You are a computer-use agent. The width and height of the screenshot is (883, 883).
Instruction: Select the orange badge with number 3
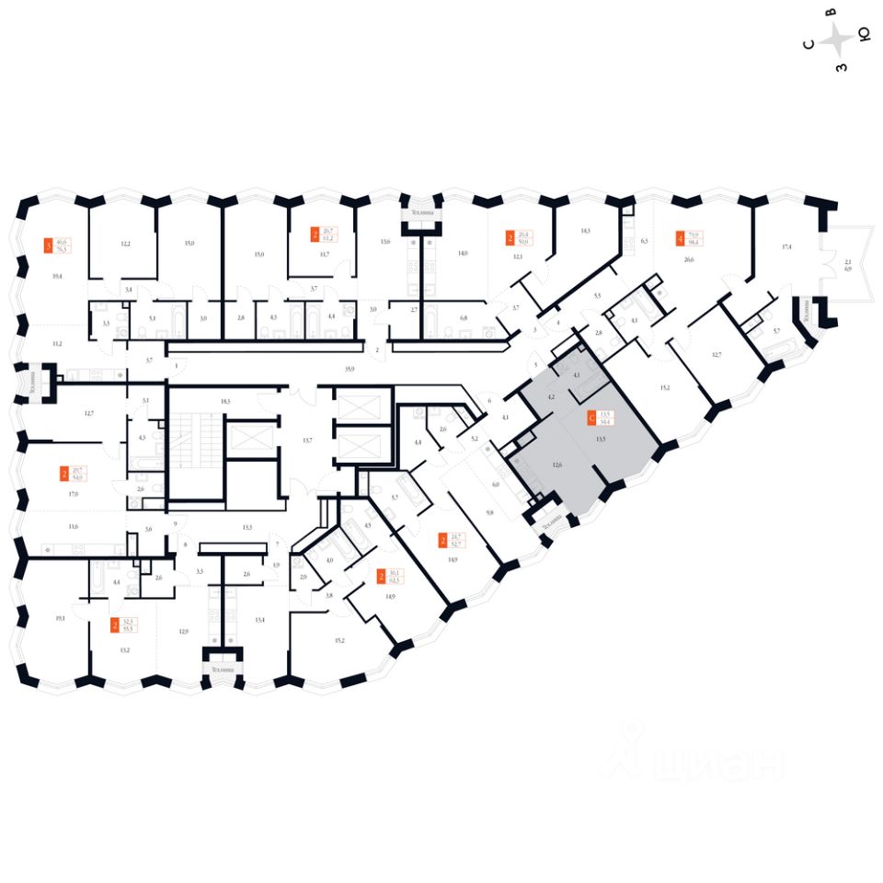point(49,246)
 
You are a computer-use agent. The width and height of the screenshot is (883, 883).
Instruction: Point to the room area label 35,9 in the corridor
point(350,369)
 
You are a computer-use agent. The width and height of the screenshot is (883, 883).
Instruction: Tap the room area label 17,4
point(786,247)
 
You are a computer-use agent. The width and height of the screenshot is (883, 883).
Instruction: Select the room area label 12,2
point(126,244)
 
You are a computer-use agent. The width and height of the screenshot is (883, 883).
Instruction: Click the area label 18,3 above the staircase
point(223,402)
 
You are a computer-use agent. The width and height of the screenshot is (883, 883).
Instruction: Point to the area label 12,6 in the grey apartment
point(556,464)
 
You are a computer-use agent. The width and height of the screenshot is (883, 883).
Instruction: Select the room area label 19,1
point(61,619)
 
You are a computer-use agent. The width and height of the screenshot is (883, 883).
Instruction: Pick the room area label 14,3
point(584,232)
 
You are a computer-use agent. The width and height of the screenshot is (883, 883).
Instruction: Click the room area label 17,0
point(73,494)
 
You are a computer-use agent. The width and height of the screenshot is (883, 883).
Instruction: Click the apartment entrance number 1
point(176,365)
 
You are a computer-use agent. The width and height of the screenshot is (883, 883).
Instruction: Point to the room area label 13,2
point(125,649)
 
